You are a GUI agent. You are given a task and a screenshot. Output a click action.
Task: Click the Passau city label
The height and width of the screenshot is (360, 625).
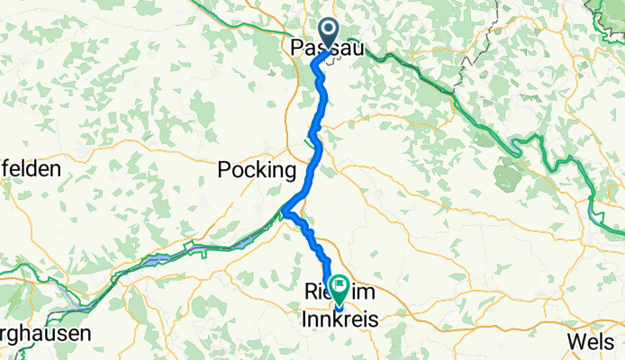coord(328,49)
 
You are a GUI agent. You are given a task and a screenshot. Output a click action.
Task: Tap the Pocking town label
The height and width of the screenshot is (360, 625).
coord(257,169)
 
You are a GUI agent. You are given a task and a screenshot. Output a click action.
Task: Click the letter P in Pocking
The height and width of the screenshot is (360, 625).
coord(225,169)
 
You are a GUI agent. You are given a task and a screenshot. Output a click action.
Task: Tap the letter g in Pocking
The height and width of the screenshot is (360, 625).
coord(289,171)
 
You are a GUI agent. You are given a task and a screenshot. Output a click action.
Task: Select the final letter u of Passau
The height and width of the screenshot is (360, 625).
coord(358,49)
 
